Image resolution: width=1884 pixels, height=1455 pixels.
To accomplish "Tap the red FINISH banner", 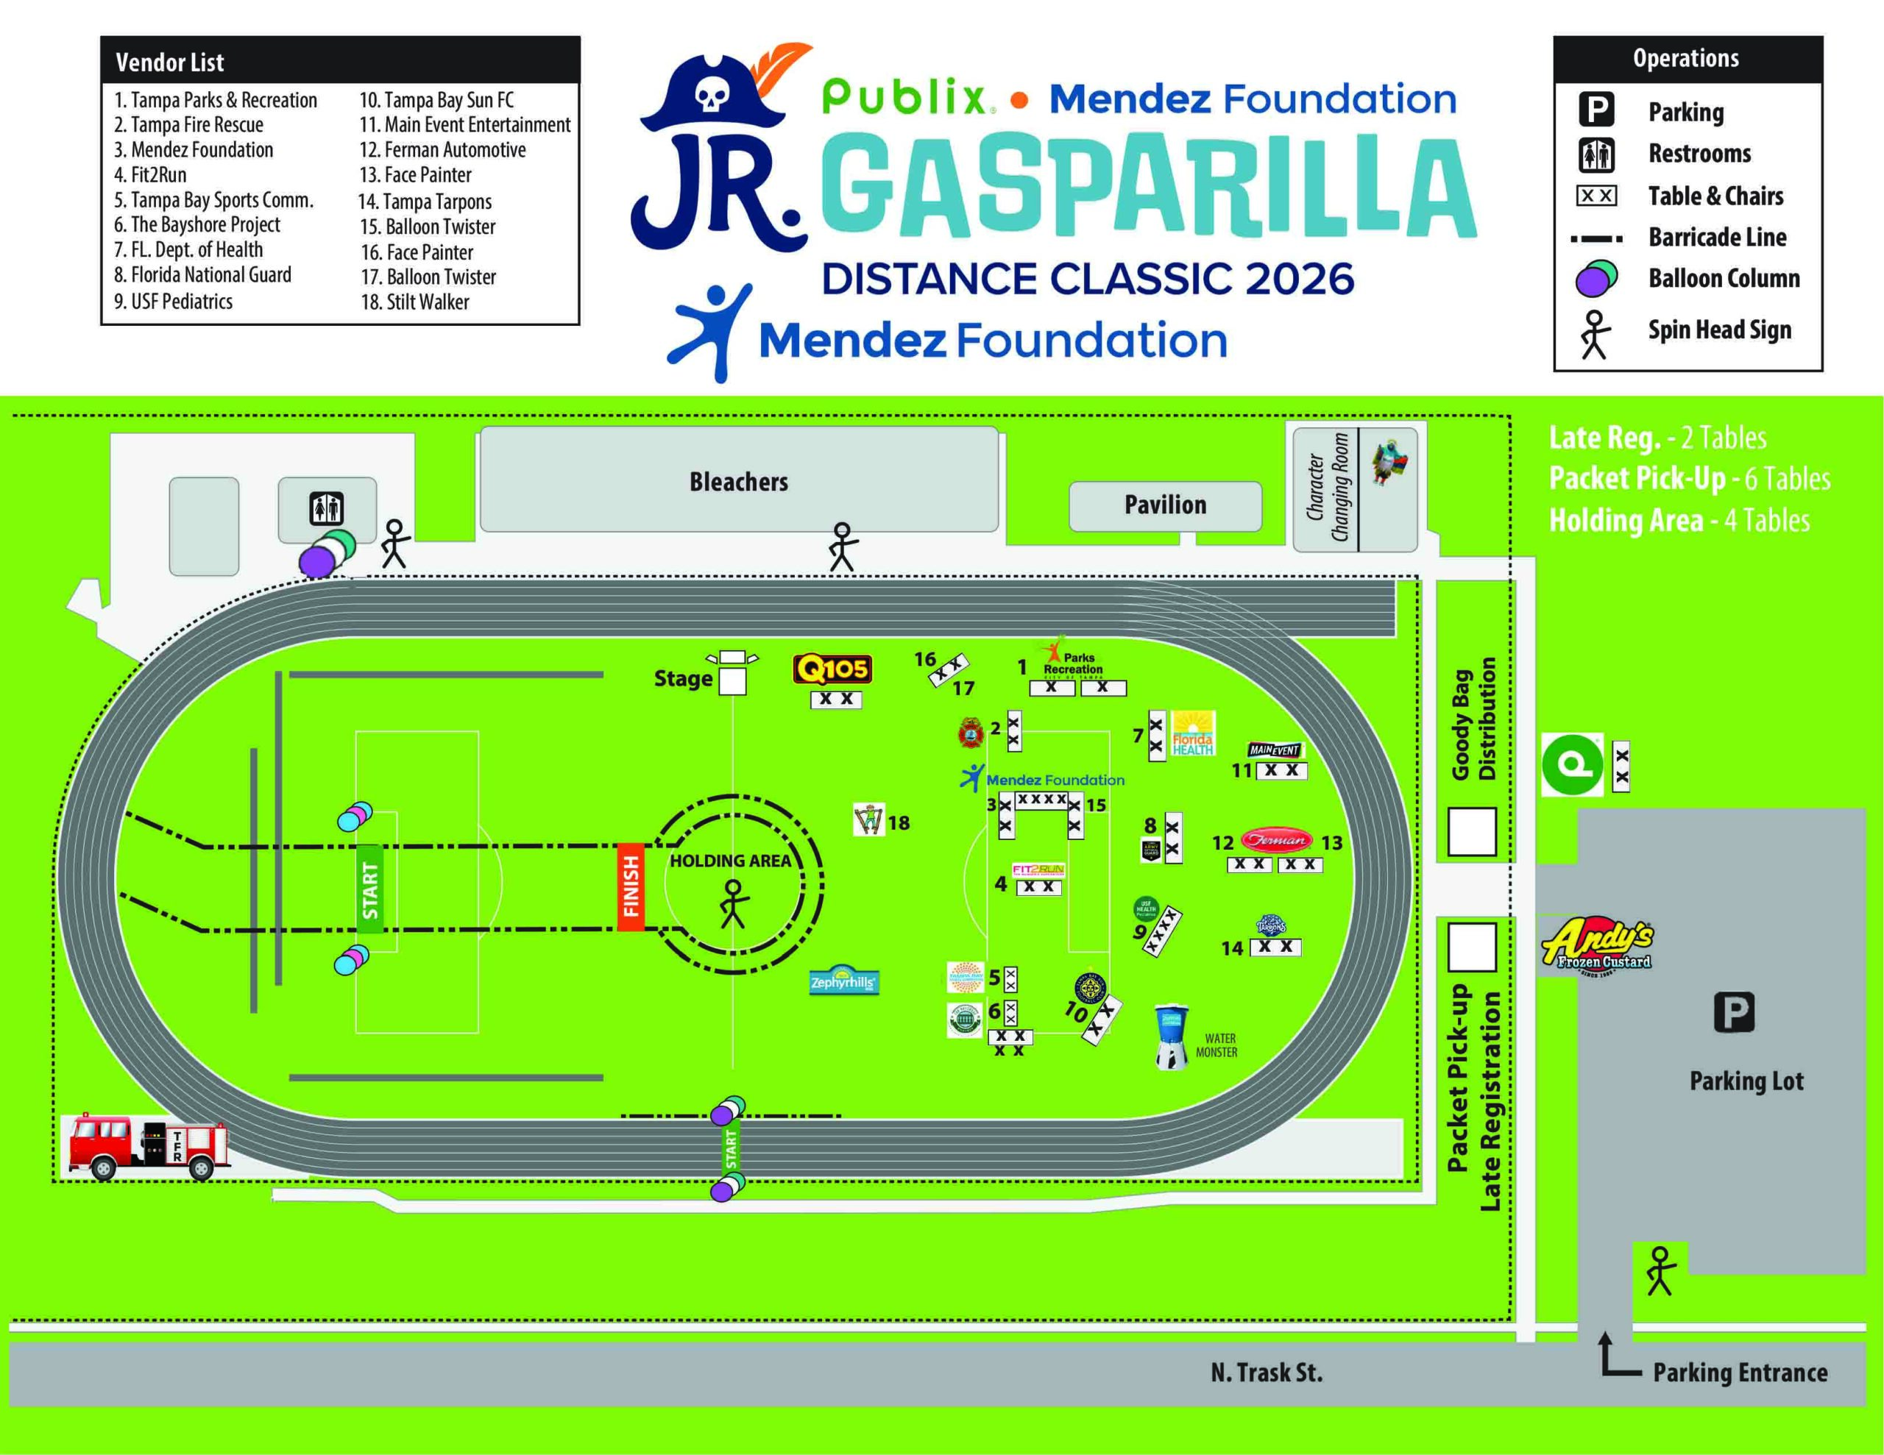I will point(631,886).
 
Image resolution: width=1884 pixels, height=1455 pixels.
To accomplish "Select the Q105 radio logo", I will point(832,669).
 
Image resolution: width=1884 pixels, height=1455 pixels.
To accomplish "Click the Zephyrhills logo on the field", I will point(843,981).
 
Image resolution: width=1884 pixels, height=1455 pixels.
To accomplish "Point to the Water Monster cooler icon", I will point(1171,1036).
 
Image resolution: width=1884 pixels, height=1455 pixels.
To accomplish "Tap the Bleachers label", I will point(738,481).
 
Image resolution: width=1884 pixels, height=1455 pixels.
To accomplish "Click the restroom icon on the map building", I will point(327,508).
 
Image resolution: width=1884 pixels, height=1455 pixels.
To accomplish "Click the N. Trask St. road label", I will point(1266,1372).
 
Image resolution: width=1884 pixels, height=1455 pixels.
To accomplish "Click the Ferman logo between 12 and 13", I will point(1276,839).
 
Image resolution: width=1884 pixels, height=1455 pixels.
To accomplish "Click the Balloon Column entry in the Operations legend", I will point(1724,279).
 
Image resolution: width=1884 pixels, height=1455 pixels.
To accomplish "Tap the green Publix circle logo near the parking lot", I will point(1572,764).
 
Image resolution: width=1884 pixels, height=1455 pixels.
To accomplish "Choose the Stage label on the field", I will point(682,679).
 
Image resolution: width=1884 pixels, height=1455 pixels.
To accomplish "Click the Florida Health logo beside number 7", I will point(1192,734).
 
